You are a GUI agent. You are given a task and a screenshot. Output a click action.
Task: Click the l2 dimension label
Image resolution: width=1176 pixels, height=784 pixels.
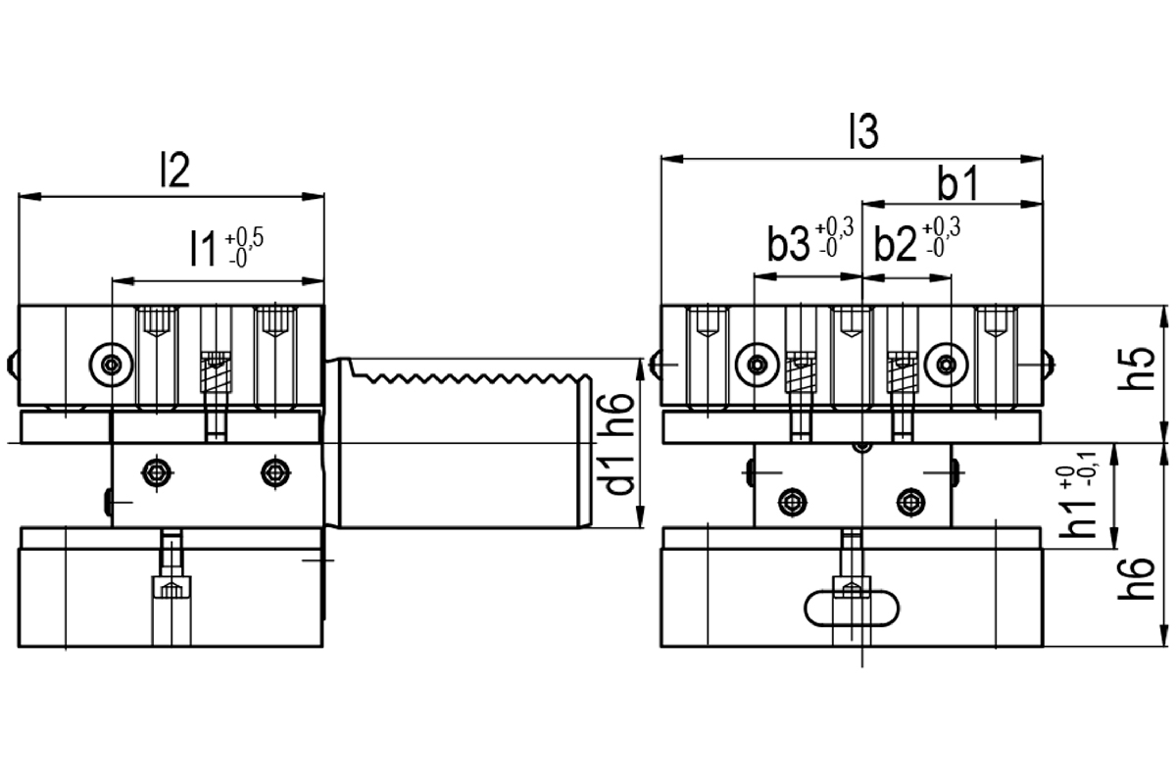coord(174,171)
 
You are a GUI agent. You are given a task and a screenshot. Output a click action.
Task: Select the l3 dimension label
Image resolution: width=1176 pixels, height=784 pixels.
coord(864,131)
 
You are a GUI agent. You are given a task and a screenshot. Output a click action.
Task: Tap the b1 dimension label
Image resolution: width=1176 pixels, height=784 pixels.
coord(958,182)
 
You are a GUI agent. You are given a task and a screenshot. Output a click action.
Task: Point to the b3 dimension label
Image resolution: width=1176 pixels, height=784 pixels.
coord(788,244)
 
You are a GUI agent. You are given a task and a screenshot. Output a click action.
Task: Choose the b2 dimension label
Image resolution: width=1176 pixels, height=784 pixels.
coord(895,244)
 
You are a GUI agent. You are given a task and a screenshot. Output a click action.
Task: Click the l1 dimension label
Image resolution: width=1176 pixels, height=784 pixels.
coord(203,249)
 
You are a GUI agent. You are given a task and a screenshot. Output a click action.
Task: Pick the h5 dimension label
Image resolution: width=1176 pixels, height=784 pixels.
coord(1137,368)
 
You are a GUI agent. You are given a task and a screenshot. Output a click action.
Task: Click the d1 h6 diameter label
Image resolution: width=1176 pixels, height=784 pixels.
coord(618,444)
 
